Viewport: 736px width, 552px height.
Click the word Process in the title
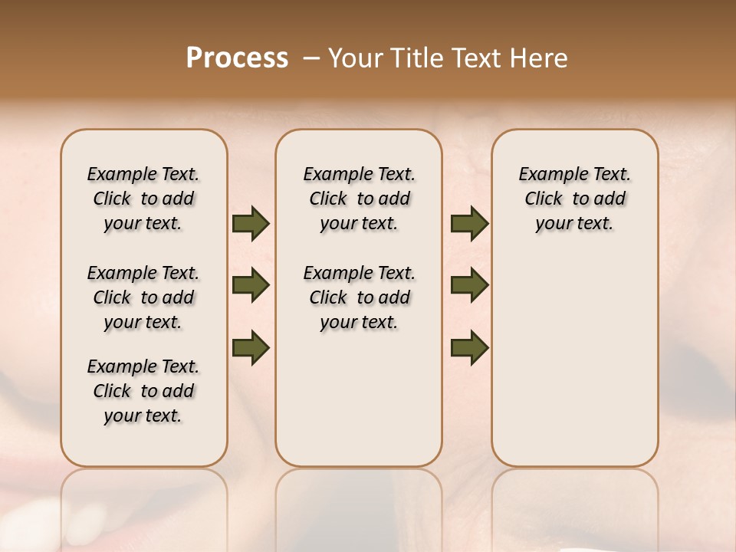pos(237,58)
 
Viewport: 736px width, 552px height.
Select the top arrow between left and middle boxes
pos(251,224)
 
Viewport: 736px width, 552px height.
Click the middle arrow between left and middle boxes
pos(251,286)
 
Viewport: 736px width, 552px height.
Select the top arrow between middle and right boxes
pos(469,224)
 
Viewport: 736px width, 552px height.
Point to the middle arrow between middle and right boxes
pos(469,285)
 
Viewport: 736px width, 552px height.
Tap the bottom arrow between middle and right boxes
pos(469,347)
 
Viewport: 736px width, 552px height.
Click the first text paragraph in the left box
pos(143,199)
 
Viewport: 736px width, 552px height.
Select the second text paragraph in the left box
pos(143,297)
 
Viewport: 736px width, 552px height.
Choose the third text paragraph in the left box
pos(143,391)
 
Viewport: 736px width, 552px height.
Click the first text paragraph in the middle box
pos(359,199)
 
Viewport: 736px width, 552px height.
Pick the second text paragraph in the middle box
pos(359,297)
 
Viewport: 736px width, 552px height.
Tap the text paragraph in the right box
pos(574,199)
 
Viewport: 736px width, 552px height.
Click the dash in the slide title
pos(311,58)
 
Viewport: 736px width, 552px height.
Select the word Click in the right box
pos(544,199)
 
